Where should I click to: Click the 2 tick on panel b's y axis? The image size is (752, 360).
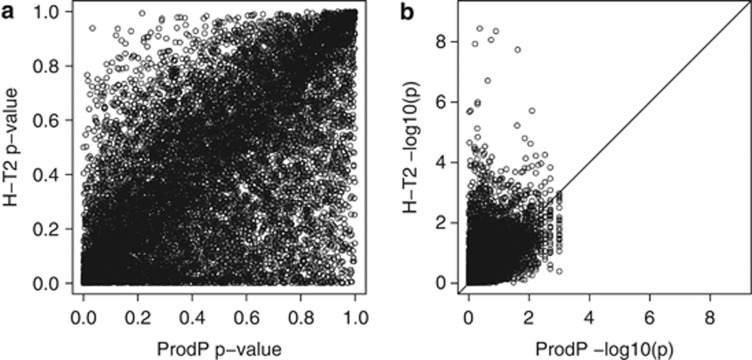point(440,222)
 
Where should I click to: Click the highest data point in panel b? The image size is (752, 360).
point(480,28)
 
